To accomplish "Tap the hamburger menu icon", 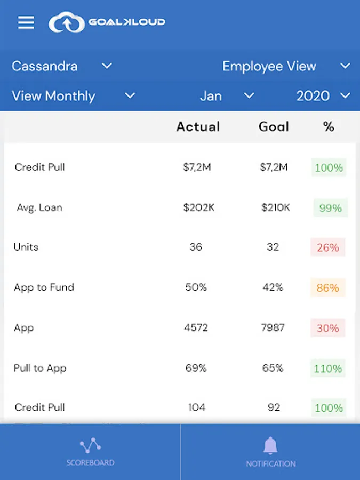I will pyautogui.click(x=26, y=22).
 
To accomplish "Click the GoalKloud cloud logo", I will pyautogui.click(x=67, y=23).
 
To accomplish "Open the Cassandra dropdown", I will pyautogui.click(x=62, y=66).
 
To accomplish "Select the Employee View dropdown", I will pyautogui.click(x=286, y=66).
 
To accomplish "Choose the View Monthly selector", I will pyautogui.click(x=73, y=96).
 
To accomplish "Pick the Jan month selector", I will pyautogui.click(x=227, y=96).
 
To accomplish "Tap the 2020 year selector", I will pyautogui.click(x=323, y=96).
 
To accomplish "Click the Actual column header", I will pyautogui.click(x=198, y=126).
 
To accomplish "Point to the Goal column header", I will pyautogui.click(x=274, y=126).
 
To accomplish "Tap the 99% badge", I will pyautogui.click(x=330, y=208).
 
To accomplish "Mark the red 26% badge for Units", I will pyautogui.click(x=328, y=247).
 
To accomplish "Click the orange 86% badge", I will pyautogui.click(x=328, y=288).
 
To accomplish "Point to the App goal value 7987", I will pyautogui.click(x=273, y=328).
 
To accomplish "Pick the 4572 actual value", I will pyautogui.click(x=196, y=328).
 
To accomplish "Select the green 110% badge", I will pyautogui.click(x=328, y=369).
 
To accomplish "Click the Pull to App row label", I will pyautogui.click(x=40, y=368).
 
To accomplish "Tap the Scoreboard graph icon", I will pyautogui.click(x=90, y=445).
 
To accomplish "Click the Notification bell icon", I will pyautogui.click(x=270, y=445).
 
